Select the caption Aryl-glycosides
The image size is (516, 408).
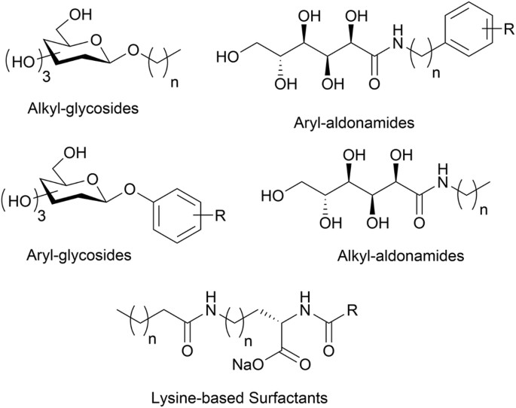[78, 255]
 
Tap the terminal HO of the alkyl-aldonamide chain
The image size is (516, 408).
[271, 196]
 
